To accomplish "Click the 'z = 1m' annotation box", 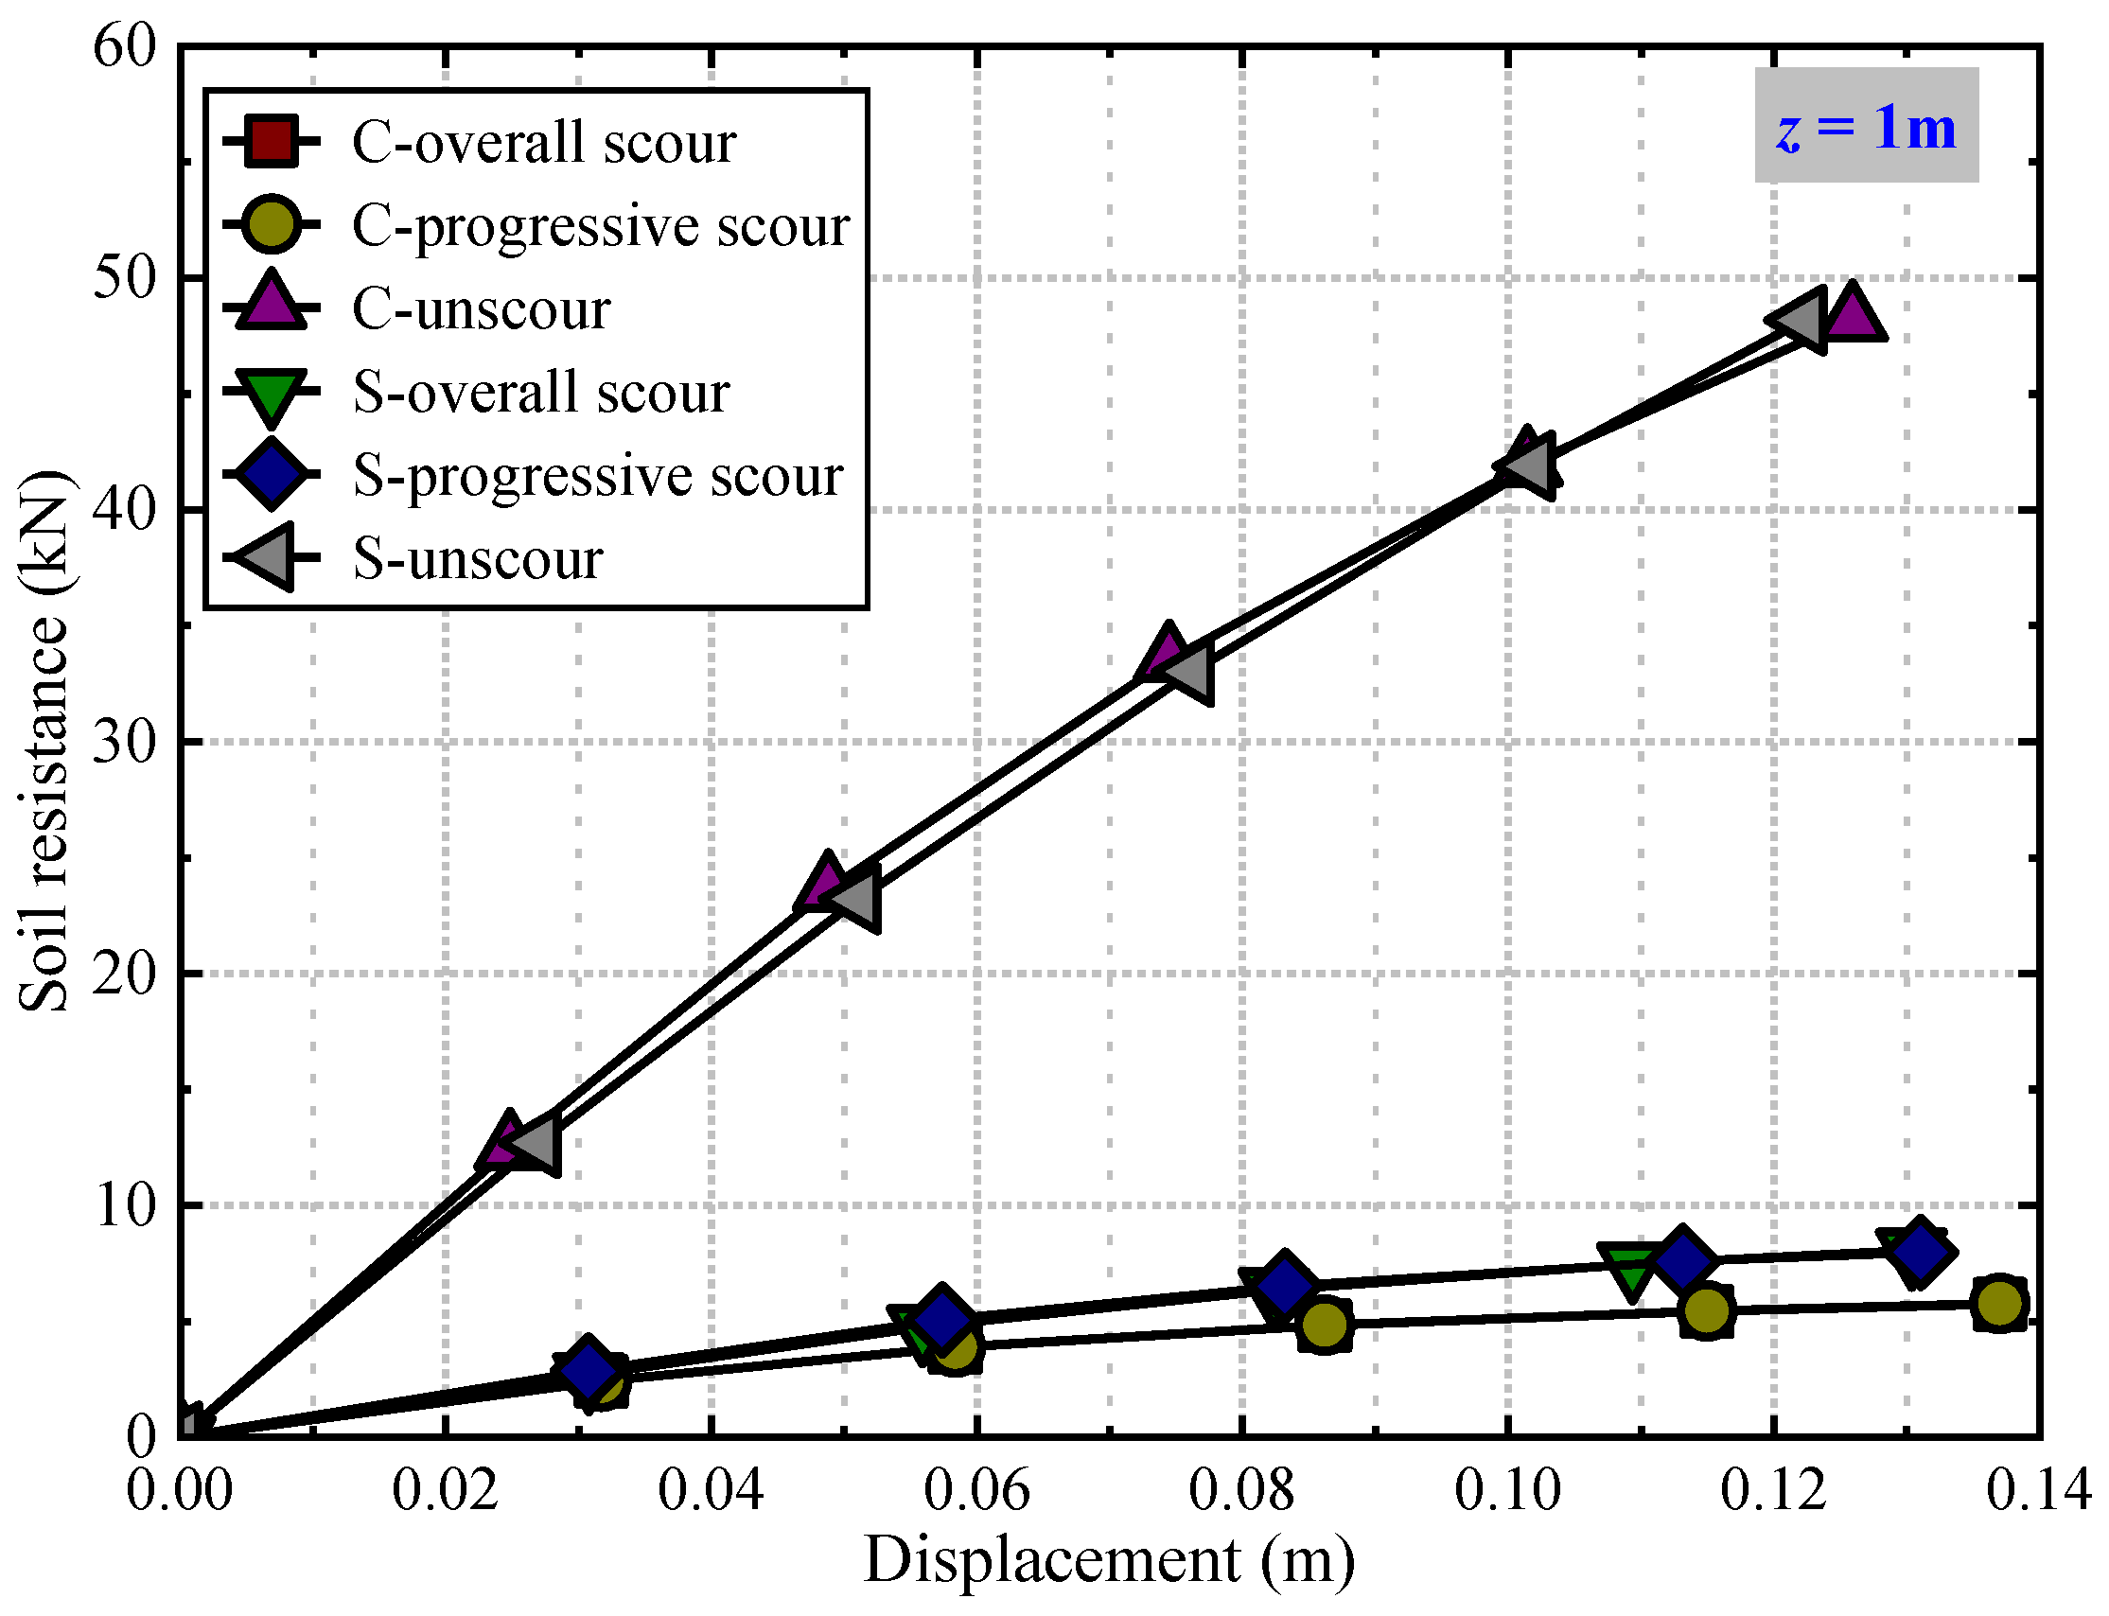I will [1866, 126].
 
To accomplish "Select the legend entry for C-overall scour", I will [542, 142].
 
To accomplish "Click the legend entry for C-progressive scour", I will [600, 226].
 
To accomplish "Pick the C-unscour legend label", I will [480, 309].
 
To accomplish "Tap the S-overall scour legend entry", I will [540, 393].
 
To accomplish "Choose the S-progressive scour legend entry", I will [597, 475].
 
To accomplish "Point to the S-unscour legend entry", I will [477, 558].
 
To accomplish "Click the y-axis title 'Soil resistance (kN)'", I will [44, 741].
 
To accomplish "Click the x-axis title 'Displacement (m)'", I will [1108, 1559].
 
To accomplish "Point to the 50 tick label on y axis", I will [124, 279].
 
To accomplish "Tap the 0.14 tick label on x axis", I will [2038, 1490].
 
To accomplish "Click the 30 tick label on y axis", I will [124, 743].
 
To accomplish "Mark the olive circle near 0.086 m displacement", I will [1325, 1326].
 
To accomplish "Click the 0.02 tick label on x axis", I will [445, 1490].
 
